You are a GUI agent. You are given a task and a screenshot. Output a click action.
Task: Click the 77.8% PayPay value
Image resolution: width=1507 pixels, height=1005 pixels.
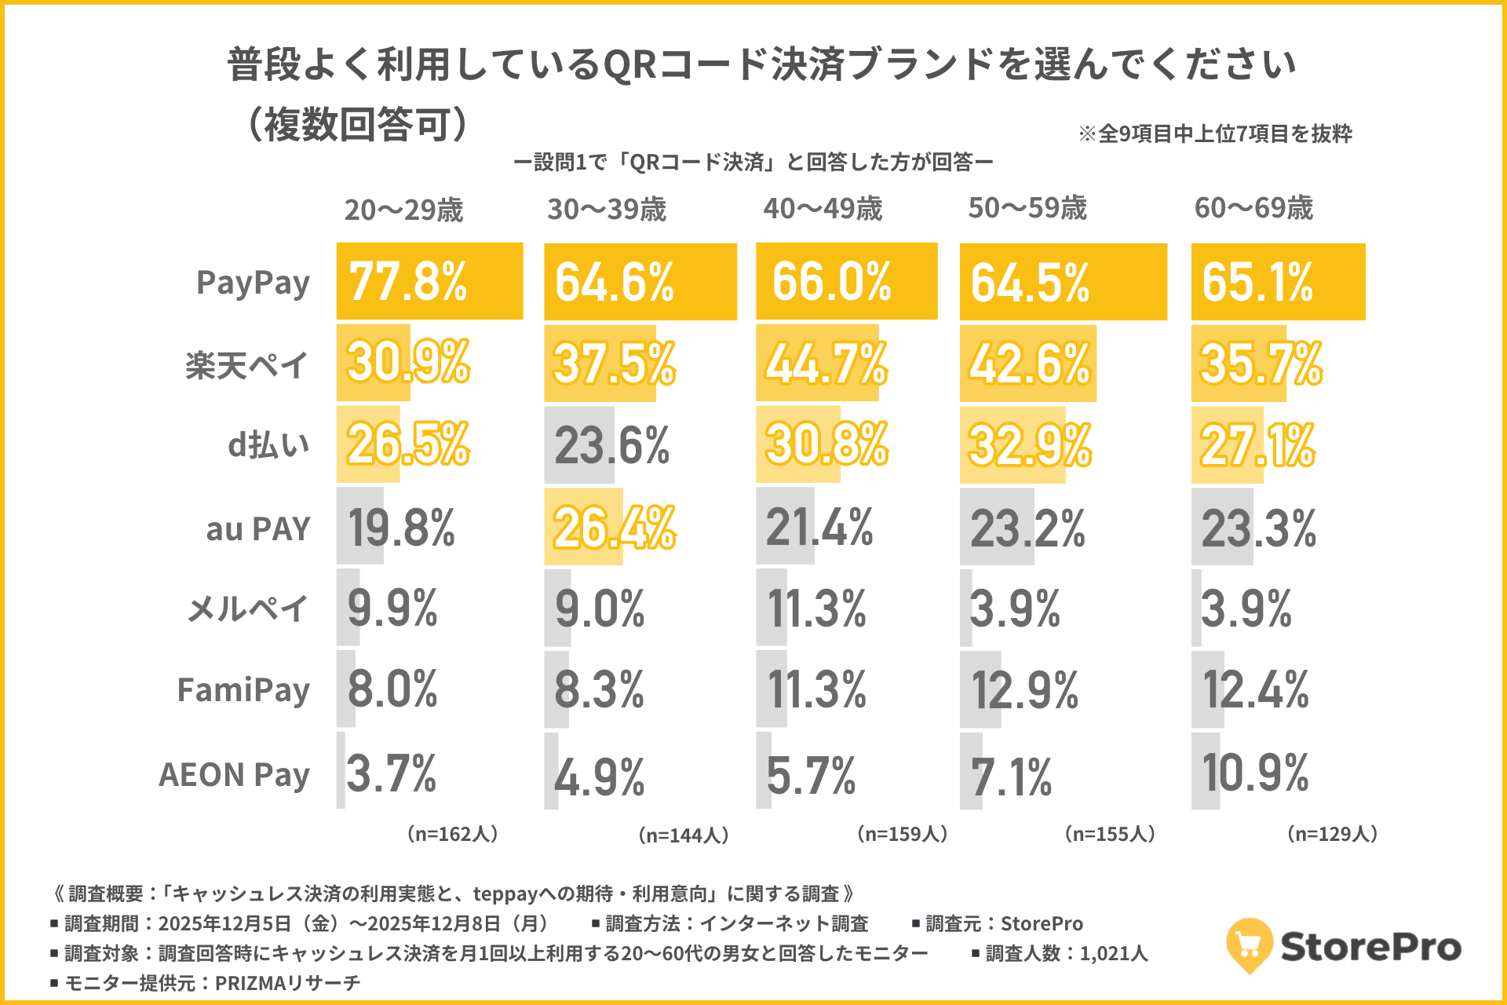point(408,282)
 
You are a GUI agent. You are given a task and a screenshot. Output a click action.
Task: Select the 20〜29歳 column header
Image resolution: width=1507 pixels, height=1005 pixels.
point(403,210)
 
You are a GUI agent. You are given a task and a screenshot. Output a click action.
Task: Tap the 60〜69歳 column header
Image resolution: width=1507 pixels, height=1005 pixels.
point(1253,208)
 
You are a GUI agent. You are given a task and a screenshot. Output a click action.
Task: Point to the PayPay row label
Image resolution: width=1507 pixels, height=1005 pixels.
point(253,283)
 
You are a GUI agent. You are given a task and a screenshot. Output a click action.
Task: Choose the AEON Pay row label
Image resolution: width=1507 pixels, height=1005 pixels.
point(234,775)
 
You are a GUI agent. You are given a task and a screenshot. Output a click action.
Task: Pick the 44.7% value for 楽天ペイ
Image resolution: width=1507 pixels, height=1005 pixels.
point(826,364)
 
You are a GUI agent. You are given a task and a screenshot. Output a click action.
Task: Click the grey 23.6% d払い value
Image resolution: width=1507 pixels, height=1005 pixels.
point(611,445)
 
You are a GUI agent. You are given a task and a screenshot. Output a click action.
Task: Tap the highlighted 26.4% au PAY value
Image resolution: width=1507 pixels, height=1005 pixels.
point(614,527)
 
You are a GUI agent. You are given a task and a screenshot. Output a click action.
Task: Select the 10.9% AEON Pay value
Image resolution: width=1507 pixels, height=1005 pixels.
point(1254,773)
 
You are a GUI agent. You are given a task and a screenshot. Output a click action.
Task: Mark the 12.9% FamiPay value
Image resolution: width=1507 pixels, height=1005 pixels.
point(1024,691)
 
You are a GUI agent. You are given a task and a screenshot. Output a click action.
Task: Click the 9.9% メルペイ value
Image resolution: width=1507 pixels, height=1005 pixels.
point(392,608)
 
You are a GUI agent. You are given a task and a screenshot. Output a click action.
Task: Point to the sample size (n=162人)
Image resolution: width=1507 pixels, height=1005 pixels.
point(453,834)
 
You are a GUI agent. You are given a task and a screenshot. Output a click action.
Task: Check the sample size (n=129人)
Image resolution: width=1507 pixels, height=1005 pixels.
point(1332,834)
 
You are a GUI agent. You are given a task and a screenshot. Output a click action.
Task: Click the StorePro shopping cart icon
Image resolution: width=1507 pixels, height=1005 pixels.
point(1249,945)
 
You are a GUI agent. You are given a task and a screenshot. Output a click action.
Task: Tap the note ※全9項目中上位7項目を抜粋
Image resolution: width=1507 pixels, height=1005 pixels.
point(1215,134)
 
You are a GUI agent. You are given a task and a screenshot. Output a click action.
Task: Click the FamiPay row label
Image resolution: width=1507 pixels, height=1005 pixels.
point(243,691)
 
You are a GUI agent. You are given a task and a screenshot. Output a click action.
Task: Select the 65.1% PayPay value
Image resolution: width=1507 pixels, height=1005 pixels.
point(1257,283)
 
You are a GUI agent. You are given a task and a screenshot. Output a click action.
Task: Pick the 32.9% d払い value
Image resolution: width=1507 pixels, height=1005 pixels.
point(1029,445)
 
